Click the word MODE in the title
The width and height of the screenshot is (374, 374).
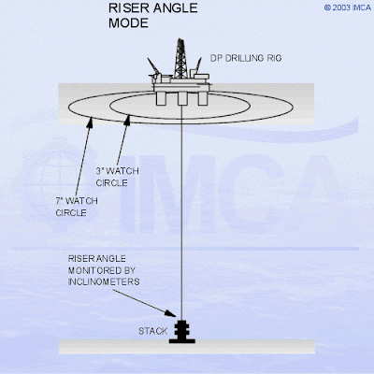[x=128, y=23]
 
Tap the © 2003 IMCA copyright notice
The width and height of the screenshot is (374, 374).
[x=348, y=7]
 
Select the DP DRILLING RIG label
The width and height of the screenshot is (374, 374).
[x=246, y=58]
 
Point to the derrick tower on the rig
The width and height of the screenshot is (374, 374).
[x=180, y=58]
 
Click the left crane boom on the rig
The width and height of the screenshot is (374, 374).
[x=154, y=66]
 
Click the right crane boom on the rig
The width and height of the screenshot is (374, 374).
[x=198, y=65]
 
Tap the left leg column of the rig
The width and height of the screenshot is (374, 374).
[x=162, y=98]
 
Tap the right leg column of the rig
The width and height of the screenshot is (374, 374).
[x=202, y=98]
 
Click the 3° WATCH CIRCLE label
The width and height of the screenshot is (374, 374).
[x=117, y=177]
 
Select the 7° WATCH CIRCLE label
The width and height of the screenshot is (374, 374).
[x=77, y=207]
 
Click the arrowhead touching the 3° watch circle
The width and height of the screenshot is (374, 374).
[x=127, y=121]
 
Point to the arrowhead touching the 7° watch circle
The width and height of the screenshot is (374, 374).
[x=90, y=123]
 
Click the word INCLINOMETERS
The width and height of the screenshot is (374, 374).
[x=104, y=281]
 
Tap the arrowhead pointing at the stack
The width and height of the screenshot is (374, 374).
[x=170, y=313]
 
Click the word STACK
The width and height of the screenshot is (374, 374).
[x=153, y=331]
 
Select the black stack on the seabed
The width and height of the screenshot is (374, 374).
[x=182, y=332]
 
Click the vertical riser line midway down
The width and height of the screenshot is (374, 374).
[x=181, y=213]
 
